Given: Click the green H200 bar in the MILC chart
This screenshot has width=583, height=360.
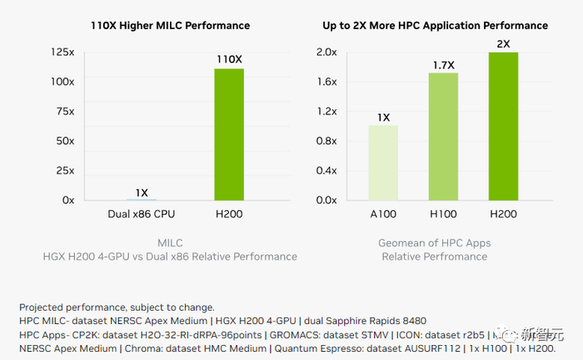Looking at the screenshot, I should click(229, 134).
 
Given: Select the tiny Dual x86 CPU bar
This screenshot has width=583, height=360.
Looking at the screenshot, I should click(142, 200).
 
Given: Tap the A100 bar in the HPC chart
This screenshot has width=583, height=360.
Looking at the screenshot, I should click(383, 162).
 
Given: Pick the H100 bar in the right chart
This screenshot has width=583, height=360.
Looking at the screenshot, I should click(443, 137).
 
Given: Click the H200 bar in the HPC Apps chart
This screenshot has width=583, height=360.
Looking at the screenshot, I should click(502, 126).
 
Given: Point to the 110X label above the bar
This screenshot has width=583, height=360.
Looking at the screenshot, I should click(229, 60).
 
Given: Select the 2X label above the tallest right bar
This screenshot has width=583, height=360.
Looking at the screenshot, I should click(502, 42).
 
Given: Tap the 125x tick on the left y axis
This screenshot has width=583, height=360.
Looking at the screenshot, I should click(62, 52).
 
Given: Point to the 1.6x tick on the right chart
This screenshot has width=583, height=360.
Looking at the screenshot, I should click(326, 82).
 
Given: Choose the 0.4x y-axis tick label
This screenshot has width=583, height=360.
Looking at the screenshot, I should click(326, 171).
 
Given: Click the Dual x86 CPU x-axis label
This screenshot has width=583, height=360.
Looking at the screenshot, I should click(142, 213).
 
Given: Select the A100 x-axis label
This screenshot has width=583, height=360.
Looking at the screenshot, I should click(383, 213).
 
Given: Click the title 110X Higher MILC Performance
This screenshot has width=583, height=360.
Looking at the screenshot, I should click(170, 26).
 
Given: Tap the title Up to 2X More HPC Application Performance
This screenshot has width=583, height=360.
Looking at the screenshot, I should click(436, 26).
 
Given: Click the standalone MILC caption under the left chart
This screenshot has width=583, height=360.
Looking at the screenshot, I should click(170, 242).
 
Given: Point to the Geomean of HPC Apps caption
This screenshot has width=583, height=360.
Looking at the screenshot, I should click(436, 242).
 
